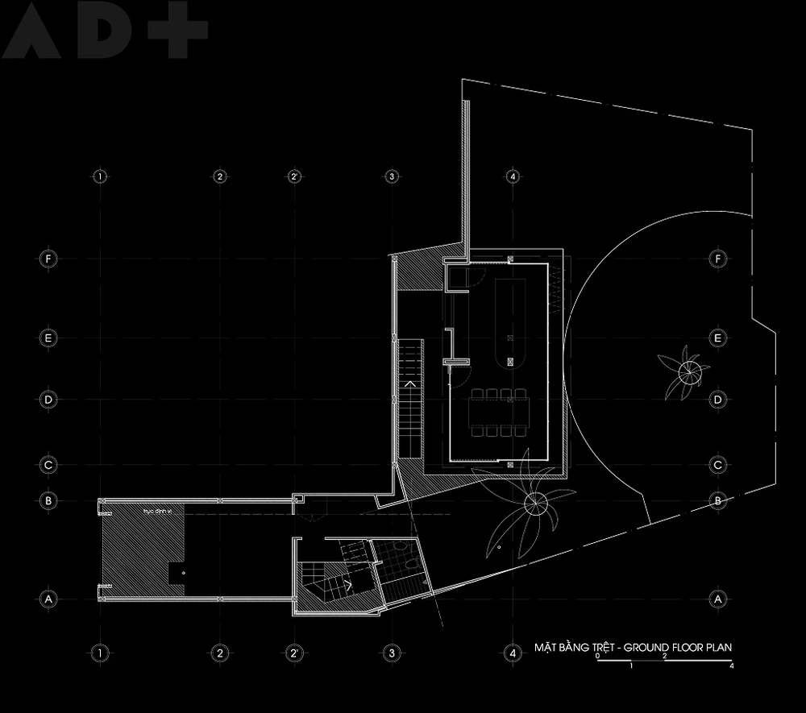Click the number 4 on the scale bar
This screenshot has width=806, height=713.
pos(731,666)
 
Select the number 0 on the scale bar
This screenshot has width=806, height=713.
pos(598,657)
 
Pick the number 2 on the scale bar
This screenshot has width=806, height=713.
pos(664,657)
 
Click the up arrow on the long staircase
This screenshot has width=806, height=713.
pos(410,385)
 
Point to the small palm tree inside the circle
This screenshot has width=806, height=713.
pos(688,371)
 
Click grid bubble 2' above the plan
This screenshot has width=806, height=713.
pos(295,176)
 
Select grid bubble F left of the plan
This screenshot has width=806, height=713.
pos(48,259)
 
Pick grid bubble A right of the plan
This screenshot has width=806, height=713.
pos(717,599)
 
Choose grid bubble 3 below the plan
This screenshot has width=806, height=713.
pos(391,651)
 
